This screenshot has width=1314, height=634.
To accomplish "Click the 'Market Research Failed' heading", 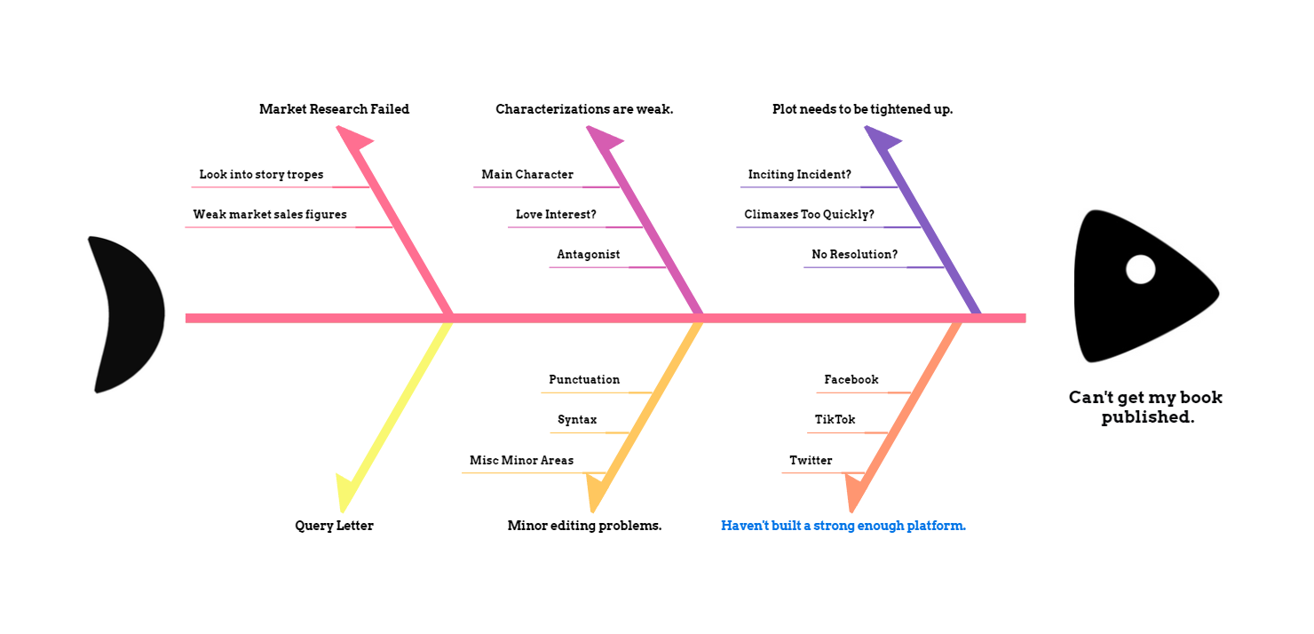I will pos(334,109).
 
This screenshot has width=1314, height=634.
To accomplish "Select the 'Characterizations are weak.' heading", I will pos(584,109).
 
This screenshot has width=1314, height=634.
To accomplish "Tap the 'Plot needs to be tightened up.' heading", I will pos(862,109).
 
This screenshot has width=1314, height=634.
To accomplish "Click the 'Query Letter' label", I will pos(334,526).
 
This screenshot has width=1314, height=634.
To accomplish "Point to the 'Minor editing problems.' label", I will pos(584,526).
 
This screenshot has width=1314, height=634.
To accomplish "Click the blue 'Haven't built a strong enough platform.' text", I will pos(843,526).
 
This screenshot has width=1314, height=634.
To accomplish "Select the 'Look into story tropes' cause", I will pos(261,175).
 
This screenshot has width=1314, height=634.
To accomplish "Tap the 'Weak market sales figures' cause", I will pos(270,215).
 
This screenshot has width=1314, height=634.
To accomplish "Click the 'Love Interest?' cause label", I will pos(556,215).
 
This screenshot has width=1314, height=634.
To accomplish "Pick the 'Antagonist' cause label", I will pos(588,255).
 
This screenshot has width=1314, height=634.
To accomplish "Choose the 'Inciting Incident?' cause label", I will pos(799,175).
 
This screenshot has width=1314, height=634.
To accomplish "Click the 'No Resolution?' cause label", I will pos(854,255).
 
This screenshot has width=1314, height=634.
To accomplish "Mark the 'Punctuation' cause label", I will pos(584,380).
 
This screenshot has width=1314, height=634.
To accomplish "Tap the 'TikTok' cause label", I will pos(835,420).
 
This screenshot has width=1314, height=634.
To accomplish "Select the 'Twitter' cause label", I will pos(811,461).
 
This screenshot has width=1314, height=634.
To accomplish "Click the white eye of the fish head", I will pos(1140,269).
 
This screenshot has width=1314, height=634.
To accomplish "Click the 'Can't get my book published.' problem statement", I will pos(1146,407).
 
